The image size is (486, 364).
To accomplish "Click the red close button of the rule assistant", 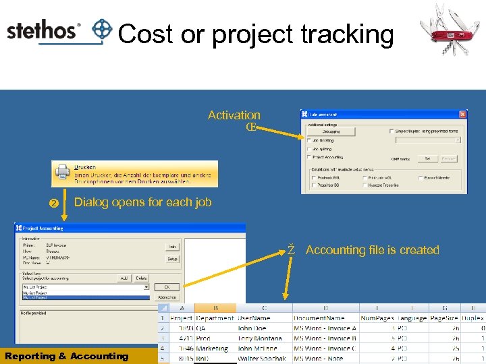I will (462, 114).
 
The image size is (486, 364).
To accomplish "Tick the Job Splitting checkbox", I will (309, 148).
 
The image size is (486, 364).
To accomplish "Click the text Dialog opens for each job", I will (142, 202).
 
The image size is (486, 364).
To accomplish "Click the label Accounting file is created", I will (372, 250).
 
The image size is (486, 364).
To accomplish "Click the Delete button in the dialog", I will (140, 278).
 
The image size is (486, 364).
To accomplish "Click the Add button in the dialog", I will (124, 278).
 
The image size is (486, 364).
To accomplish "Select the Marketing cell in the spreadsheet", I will (213, 348).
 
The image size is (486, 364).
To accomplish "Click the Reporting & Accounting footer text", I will (66, 356).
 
